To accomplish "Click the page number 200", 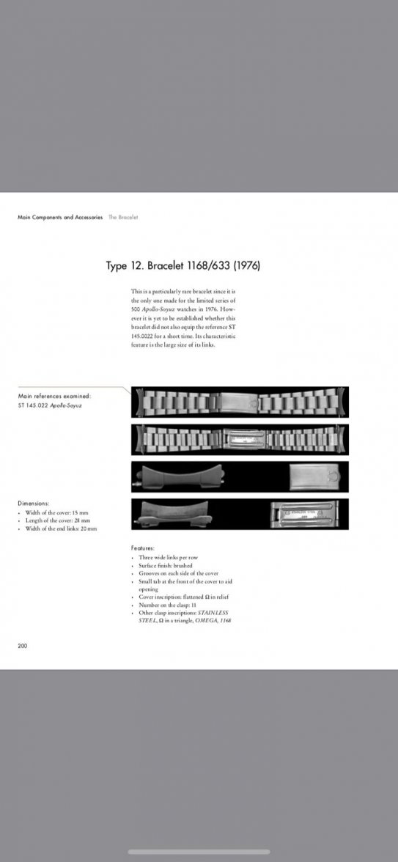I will pyautogui.click(x=23, y=646).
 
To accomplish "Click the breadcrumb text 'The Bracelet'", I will pyautogui.click(x=123, y=217).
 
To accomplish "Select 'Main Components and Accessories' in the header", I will pyautogui.click(x=60, y=217).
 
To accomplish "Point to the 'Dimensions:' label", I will pyautogui.click(x=34, y=503).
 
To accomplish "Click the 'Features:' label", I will pyautogui.click(x=144, y=548).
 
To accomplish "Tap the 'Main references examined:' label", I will pyautogui.click(x=54, y=396).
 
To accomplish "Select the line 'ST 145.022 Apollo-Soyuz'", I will pyautogui.click(x=50, y=405).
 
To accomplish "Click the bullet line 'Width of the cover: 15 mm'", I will pyautogui.click(x=58, y=512).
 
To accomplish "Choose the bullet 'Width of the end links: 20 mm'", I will pyautogui.click(x=62, y=528).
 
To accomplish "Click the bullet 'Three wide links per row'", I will pyautogui.click(x=169, y=558).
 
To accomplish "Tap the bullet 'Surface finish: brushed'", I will pyautogui.click(x=166, y=566).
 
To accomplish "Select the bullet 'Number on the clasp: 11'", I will pyautogui.click(x=169, y=605).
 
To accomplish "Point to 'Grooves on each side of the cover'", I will pyautogui.click(x=178, y=573).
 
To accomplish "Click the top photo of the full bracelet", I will pyautogui.click(x=240, y=402).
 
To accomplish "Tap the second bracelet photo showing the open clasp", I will pyautogui.click(x=240, y=440).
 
